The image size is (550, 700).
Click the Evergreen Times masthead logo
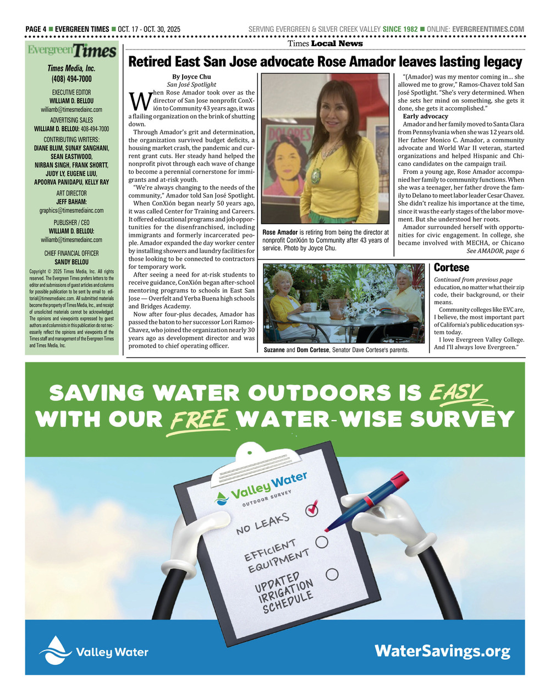coord(72,51)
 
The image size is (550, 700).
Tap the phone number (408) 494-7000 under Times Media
coord(71,79)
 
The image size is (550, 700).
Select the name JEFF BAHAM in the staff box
coord(71,202)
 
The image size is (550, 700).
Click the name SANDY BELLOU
coord(71,262)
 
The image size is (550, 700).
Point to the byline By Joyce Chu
coord(191,76)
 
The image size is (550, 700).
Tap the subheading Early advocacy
coord(425,117)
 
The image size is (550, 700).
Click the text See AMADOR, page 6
coord(495,251)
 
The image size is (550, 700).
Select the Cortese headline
coord(452,268)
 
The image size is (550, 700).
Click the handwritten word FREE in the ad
coord(200,420)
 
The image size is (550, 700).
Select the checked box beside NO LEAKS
coord(312,509)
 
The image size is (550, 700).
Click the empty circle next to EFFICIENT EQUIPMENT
coord(322,542)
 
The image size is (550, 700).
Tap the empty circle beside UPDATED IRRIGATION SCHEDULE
coord(332,575)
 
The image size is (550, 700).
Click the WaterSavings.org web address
coord(442,651)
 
